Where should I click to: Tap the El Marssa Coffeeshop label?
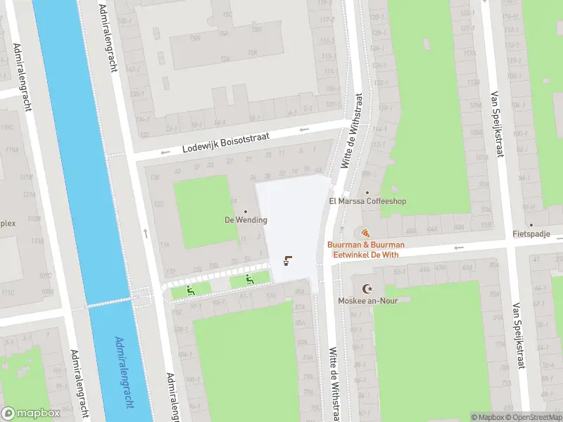coord(367,201)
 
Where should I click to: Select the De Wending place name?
coord(246,220)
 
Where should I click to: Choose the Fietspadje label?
coord(531,234)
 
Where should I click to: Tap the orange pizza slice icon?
coord(364,233)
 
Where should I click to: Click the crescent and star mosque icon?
coord(366,289)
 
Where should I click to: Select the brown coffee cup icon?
coord(287,262)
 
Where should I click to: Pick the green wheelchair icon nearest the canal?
coord(190,290)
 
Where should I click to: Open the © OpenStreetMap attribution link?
coord(533,417)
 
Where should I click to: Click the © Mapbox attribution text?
coord(486,417)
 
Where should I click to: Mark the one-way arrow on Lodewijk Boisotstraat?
coord(303,129)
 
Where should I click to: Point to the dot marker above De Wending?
coord(246,212)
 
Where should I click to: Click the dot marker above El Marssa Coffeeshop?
coord(367,192)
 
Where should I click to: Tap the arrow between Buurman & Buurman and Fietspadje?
coord(459,247)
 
